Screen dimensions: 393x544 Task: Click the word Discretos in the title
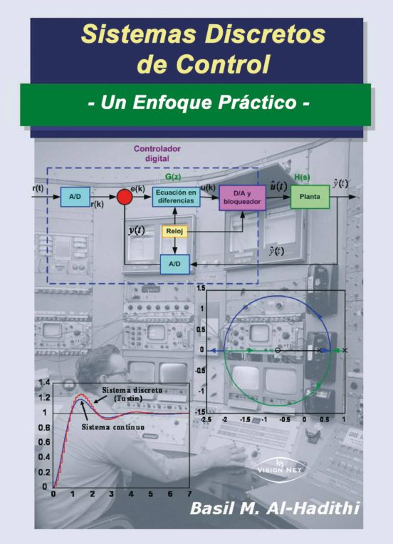click(265, 34)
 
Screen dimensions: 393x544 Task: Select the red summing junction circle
click(125, 197)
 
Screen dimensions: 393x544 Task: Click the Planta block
click(310, 197)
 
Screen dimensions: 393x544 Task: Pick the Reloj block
click(174, 232)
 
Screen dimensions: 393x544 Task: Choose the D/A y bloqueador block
click(242, 197)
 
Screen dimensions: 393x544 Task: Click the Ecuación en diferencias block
click(176, 196)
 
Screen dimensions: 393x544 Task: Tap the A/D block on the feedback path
click(174, 264)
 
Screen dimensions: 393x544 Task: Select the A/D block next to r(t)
click(75, 197)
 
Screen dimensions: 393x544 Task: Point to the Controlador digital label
click(157, 153)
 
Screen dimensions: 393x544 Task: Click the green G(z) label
click(173, 177)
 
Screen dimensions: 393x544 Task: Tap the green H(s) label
click(302, 177)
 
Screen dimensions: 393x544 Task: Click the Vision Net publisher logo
click(280, 469)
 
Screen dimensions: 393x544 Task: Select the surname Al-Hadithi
click(313, 508)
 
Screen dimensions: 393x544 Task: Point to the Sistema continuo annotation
click(113, 427)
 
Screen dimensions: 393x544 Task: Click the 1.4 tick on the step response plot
click(44, 383)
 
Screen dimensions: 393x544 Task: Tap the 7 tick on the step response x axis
click(189, 493)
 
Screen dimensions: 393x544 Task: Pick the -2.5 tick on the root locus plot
click(206, 419)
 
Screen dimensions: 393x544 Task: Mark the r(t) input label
click(38, 188)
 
